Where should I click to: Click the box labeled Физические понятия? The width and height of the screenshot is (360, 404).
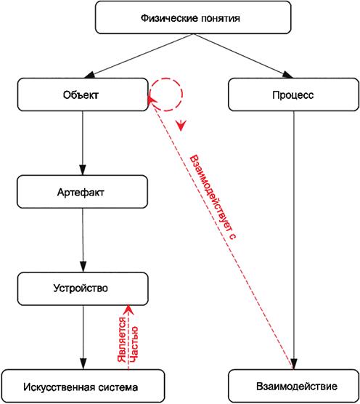click(x=193, y=17)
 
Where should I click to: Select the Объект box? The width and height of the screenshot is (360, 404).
click(x=83, y=94)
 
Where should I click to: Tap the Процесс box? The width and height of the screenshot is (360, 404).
click(x=293, y=94)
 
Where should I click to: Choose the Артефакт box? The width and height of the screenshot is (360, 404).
click(x=82, y=192)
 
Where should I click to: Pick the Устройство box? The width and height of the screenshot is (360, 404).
click(x=83, y=288)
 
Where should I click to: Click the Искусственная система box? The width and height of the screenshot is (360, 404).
click(x=83, y=386)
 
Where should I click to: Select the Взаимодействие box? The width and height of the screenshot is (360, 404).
click(x=294, y=386)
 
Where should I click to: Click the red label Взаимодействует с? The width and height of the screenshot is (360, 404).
click(x=213, y=198)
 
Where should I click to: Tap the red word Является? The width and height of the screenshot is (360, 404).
click(x=122, y=339)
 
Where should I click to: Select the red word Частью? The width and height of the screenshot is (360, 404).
click(x=134, y=344)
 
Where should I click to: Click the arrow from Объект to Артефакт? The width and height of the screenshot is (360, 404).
click(x=83, y=143)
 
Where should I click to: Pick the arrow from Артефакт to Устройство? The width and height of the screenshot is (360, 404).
click(x=83, y=240)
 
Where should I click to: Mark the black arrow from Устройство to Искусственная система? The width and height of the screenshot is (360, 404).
click(x=83, y=337)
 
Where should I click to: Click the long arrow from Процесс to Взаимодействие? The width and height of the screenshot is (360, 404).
click(x=294, y=240)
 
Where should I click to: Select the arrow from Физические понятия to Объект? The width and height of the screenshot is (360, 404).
click(x=139, y=56)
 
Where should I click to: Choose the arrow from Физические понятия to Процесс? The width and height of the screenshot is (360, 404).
click(x=243, y=56)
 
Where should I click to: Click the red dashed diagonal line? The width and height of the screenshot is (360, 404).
click(x=221, y=233)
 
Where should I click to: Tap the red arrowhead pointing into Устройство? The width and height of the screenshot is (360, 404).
click(x=128, y=310)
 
